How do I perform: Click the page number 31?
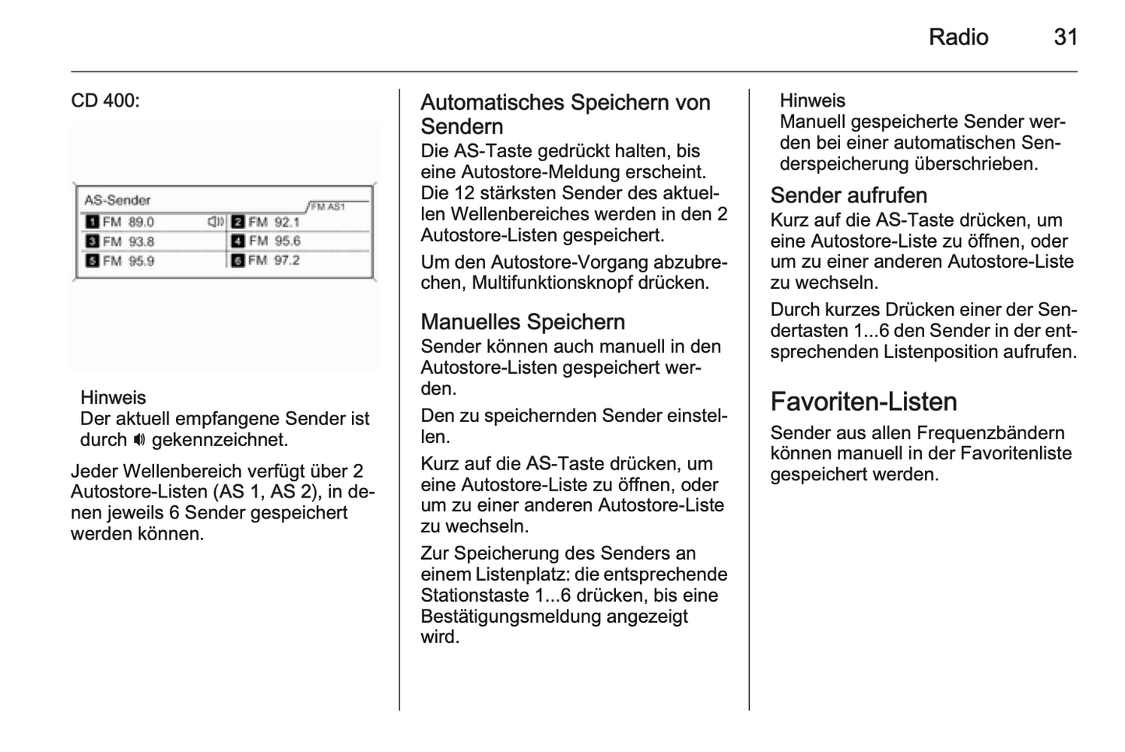(x=1065, y=37)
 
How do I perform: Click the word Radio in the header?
(x=958, y=37)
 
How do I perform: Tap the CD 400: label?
(x=105, y=100)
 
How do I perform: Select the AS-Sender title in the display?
(x=117, y=200)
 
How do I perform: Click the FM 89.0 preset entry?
(x=128, y=222)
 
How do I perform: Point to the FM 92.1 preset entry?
(x=273, y=222)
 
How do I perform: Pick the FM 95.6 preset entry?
(x=273, y=241)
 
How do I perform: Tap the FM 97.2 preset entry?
(x=273, y=260)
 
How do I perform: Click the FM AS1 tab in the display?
(x=327, y=206)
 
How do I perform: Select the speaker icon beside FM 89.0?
(x=216, y=222)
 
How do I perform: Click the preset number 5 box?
(x=92, y=261)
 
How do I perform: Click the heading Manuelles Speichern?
(x=522, y=322)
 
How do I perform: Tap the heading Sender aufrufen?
(x=849, y=195)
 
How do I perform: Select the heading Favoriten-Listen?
(x=863, y=402)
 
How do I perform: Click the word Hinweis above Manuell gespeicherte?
(x=812, y=100)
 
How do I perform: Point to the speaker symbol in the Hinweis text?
(x=139, y=440)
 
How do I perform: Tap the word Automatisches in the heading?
(x=492, y=102)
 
